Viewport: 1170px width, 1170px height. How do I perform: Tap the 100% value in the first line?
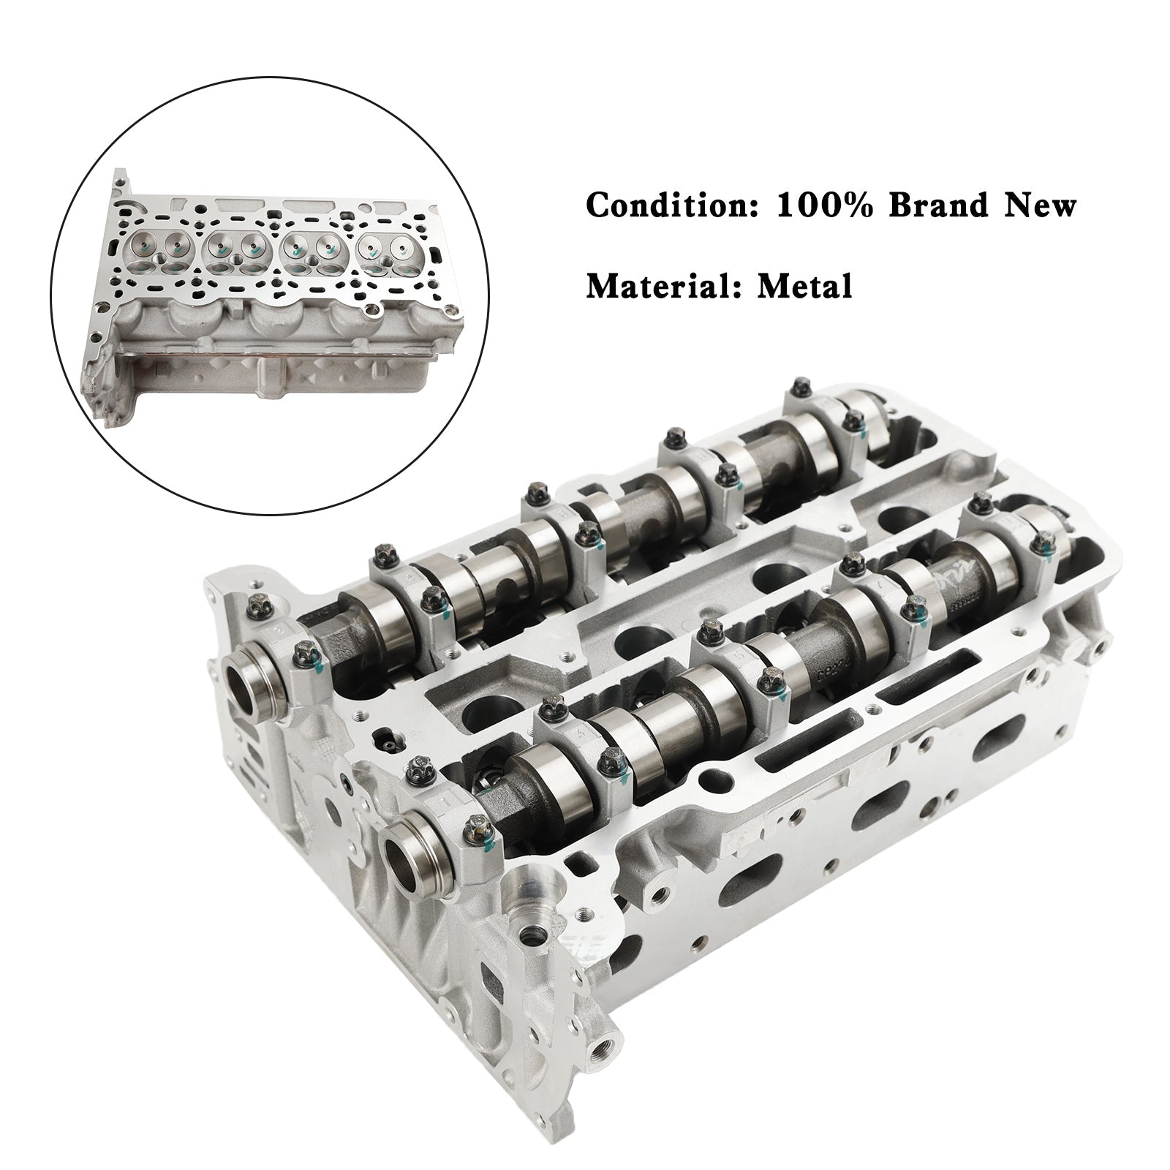(822, 206)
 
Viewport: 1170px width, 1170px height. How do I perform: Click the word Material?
(663, 286)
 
